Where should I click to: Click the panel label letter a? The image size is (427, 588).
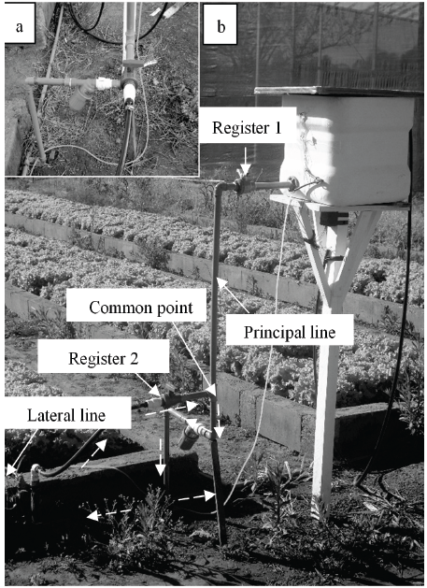(x=19, y=27)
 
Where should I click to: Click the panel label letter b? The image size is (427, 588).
(x=221, y=26)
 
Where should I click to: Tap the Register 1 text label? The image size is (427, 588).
(x=247, y=127)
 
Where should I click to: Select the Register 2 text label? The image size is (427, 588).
(x=104, y=358)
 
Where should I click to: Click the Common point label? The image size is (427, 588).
(x=141, y=308)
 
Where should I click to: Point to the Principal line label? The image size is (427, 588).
(x=290, y=333)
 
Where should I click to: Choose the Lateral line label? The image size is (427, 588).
(x=66, y=415)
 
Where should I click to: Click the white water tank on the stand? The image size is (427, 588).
(x=347, y=149)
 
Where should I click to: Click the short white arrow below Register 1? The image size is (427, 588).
(x=246, y=162)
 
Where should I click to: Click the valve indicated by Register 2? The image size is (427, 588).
(x=166, y=400)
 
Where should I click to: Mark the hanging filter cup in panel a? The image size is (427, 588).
(x=79, y=99)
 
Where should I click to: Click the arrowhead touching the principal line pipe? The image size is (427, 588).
(x=221, y=282)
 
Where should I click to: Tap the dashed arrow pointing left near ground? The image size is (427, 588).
(x=109, y=514)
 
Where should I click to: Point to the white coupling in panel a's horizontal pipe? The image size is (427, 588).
(x=103, y=83)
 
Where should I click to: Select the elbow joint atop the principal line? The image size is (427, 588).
(x=221, y=187)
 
